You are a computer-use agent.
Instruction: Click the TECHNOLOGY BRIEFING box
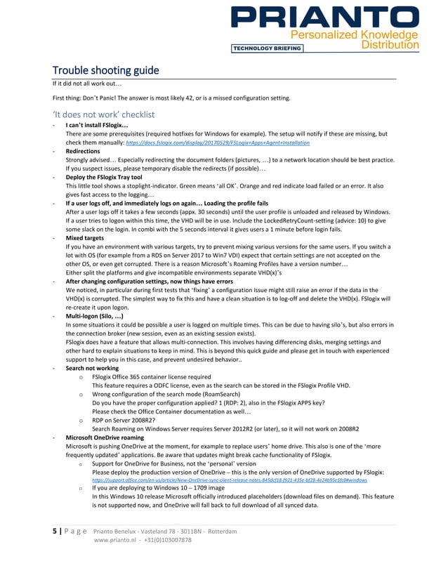click(267, 48)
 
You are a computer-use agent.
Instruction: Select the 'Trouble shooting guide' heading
click(106, 70)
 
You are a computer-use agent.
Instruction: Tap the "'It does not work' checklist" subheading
click(103, 114)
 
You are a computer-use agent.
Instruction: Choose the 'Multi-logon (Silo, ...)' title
click(100, 317)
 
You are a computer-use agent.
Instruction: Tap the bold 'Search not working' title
click(92, 368)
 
